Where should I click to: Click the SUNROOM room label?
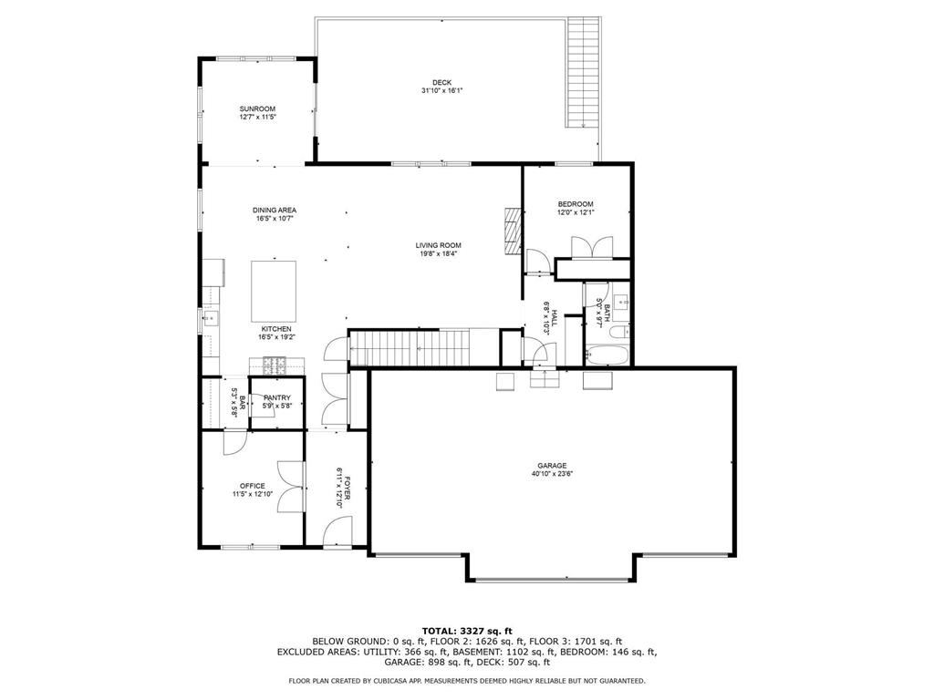coord(257,109)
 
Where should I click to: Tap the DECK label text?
coord(442,83)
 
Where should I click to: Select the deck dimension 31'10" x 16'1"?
coord(442,91)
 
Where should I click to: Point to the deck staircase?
coord(583,72)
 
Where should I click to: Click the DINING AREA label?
coord(275,211)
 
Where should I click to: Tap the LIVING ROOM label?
coord(439,245)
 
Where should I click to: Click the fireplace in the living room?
coord(513,232)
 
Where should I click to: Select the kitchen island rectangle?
coord(274,291)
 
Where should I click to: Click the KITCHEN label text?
coord(276,329)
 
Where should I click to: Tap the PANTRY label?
coord(277,398)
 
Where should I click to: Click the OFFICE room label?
coord(253,486)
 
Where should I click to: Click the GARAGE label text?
coord(552,466)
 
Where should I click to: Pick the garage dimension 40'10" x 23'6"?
coord(552,474)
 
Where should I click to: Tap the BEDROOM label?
coord(576,204)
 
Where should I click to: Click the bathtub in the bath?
coord(606,355)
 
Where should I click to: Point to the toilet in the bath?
coord(619,332)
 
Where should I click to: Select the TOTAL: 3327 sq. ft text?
coord(467,631)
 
